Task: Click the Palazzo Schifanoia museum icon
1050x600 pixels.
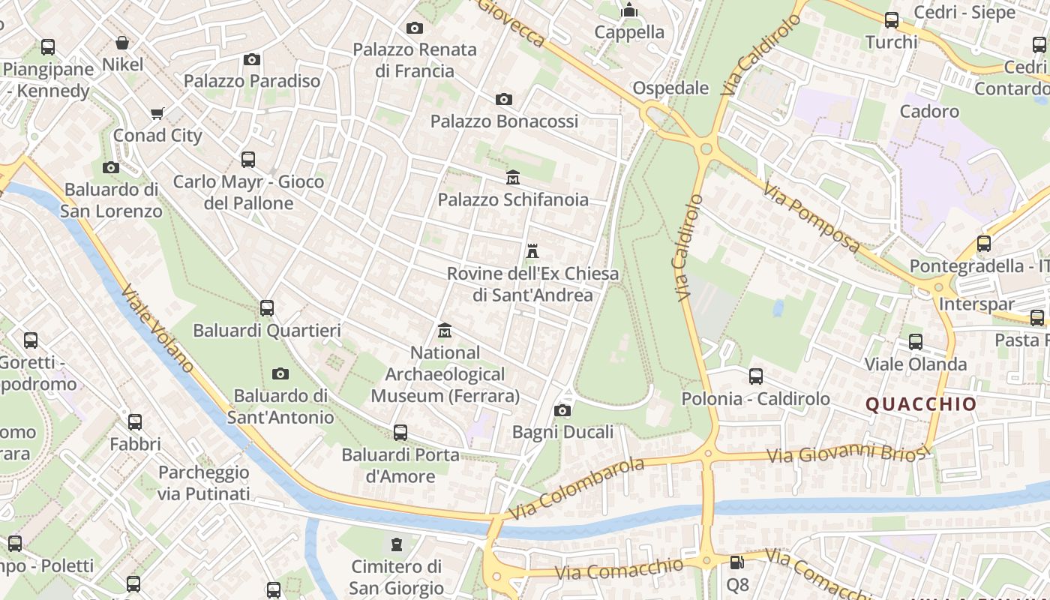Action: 513,178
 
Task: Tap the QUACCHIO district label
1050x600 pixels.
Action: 921,404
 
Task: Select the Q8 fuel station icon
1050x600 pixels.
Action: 737,562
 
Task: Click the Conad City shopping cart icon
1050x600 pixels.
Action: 157,114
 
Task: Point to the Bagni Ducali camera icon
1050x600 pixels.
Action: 562,410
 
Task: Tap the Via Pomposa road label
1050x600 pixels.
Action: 812,218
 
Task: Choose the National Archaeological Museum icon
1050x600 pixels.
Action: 445,331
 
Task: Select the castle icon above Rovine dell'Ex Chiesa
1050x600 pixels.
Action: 532,251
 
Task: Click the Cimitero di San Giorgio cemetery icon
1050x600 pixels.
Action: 396,544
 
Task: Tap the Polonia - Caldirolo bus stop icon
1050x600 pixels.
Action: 755,376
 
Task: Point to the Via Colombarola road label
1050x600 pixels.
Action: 576,489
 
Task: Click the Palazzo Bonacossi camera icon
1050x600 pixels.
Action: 504,99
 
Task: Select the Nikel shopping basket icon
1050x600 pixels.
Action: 122,43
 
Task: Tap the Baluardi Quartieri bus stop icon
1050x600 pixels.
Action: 266,308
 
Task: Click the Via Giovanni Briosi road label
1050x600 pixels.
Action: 847,454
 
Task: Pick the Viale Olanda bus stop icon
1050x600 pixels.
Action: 915,342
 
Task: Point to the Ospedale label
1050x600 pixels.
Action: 670,88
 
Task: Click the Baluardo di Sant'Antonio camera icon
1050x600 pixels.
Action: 280,373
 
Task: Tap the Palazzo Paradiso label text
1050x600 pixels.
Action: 252,80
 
